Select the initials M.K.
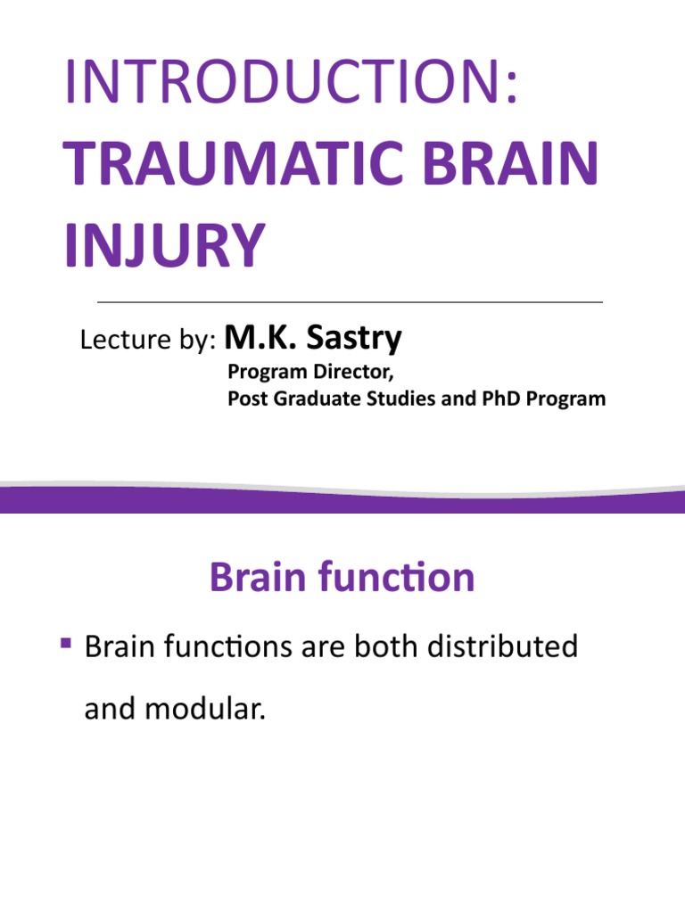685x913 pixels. pyautogui.click(x=258, y=338)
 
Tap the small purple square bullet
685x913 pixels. pyautogui.click(x=65, y=642)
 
